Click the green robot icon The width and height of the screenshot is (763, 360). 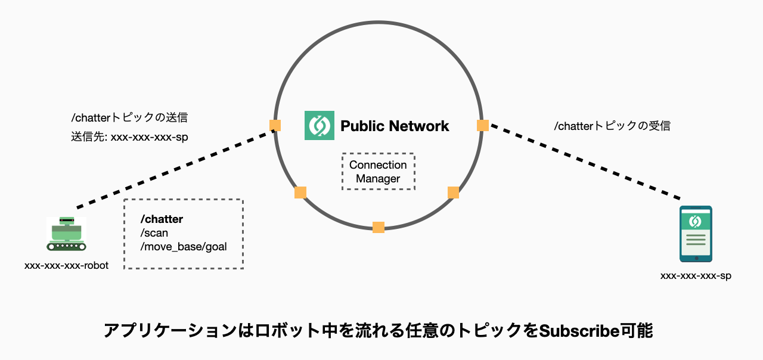coord(67,234)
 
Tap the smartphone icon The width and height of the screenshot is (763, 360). coord(696,234)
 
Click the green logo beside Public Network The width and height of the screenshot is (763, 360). coord(319,126)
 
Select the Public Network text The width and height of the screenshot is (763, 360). coord(395,126)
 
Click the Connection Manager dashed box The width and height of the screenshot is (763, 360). coord(378,172)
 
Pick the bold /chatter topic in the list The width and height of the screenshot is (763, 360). coord(162,219)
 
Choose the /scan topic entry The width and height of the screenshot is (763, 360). coord(154,233)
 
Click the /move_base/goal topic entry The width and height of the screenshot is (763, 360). coord(183,247)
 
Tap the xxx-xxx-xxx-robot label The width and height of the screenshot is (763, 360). coord(66,265)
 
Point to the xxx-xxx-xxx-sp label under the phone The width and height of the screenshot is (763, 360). coord(696,276)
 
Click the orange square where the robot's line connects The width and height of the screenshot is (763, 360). coord(275,125)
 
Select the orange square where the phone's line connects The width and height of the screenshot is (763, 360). coord(483,125)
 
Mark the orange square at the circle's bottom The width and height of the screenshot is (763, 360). coord(379,227)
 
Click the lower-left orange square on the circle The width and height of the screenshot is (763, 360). coord(300,193)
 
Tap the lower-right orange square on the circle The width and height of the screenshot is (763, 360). coord(453,193)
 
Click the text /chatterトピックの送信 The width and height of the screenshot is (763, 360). coord(129,117)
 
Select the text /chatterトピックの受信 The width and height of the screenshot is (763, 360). coord(612,126)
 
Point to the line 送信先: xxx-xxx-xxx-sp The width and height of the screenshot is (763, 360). coord(129,136)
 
